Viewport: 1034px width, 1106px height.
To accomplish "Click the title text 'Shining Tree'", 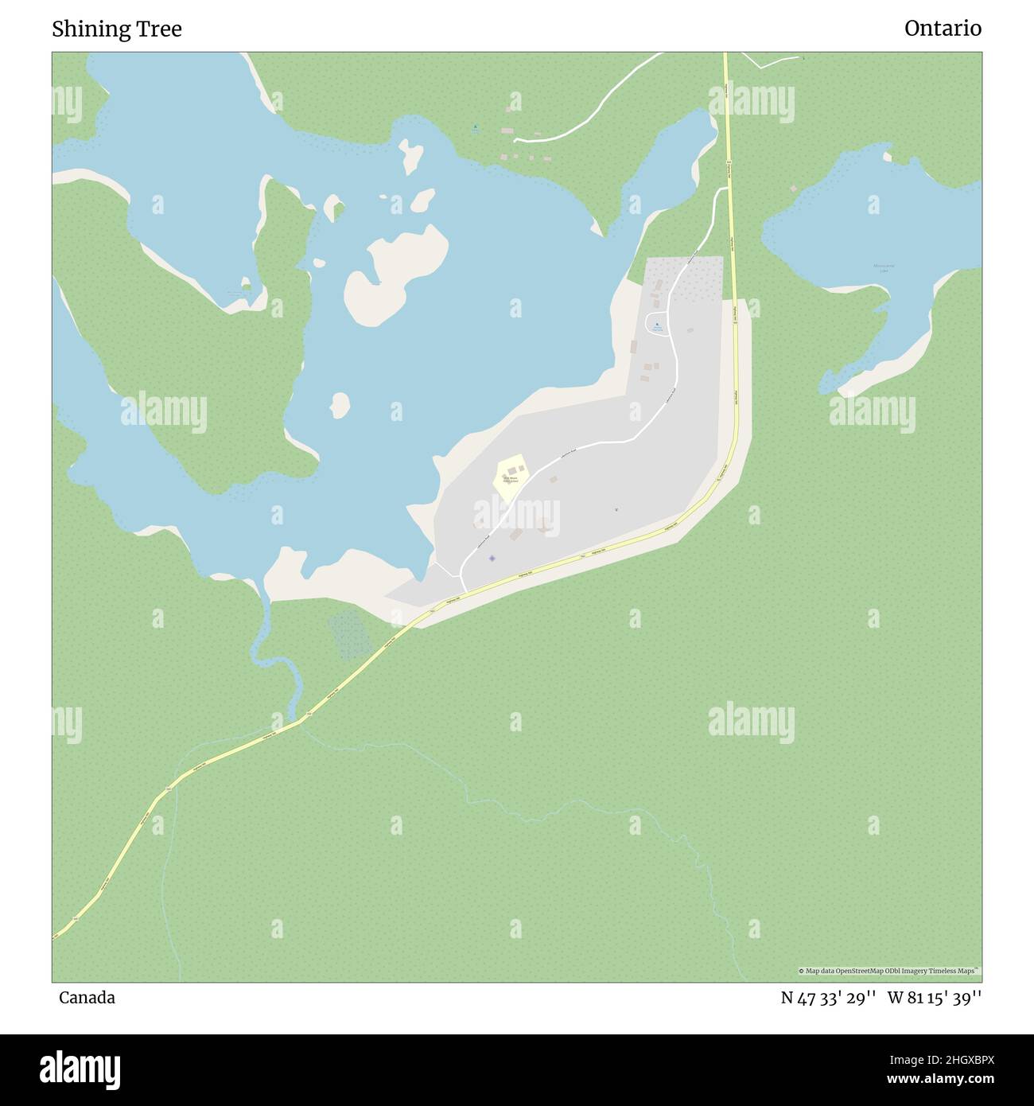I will pyautogui.click(x=117, y=29).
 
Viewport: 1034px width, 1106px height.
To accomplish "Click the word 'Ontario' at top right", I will pyautogui.click(x=943, y=29).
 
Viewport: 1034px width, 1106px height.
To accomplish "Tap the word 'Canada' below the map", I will pyautogui.click(x=87, y=998).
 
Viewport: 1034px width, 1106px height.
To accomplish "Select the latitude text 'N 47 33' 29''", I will pyautogui.click(x=828, y=998).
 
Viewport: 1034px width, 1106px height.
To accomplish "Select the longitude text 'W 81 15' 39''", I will pyautogui.click(x=935, y=998).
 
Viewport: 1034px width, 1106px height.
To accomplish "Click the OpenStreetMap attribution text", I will pyautogui.click(x=890, y=971).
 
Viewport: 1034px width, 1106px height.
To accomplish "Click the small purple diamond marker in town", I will pyautogui.click(x=492, y=558).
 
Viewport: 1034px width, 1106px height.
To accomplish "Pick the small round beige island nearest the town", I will pyautogui.click(x=340, y=404).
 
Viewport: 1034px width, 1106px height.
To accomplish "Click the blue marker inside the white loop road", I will pyautogui.click(x=657, y=325).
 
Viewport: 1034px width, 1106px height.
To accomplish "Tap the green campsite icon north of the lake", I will pyautogui.click(x=476, y=127).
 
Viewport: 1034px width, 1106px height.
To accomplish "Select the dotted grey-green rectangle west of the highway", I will pyautogui.click(x=350, y=635).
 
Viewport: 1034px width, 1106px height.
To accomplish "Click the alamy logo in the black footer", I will pyautogui.click(x=81, y=1069).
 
